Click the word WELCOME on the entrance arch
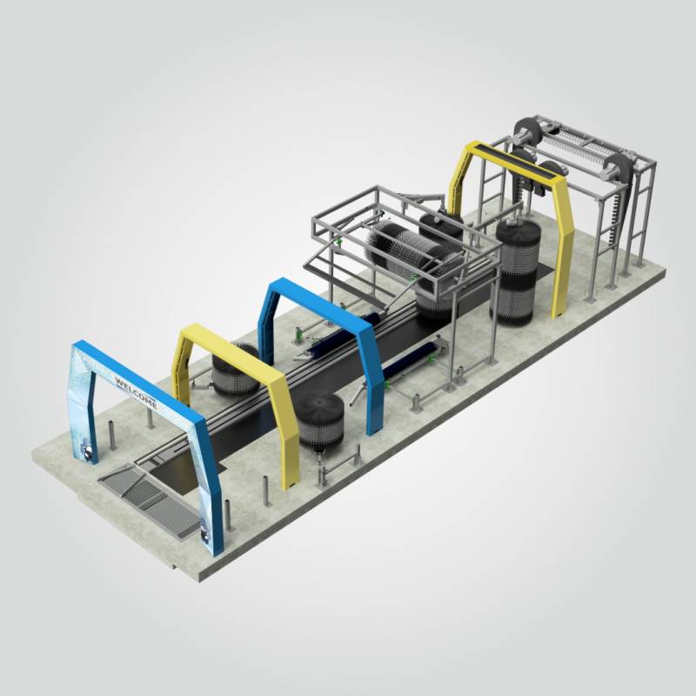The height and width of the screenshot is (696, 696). coord(135,391)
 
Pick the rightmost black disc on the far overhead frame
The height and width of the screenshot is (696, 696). coord(619,170)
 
